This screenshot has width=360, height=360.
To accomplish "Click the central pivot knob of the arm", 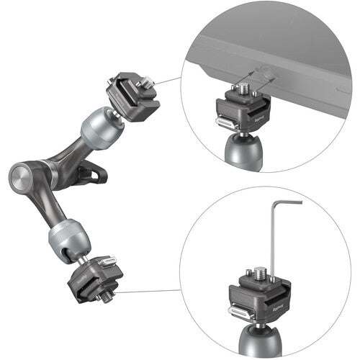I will (22, 176).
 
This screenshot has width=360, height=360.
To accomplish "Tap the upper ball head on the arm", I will (100, 127).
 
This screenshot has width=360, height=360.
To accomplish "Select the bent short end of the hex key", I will (292, 204).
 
